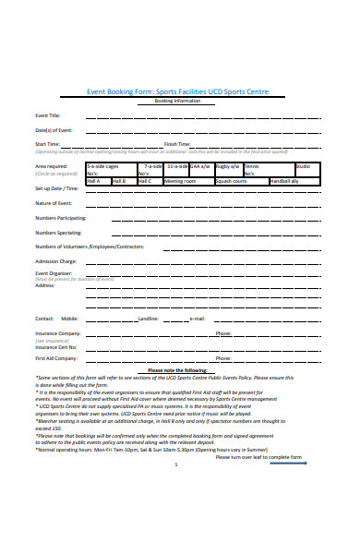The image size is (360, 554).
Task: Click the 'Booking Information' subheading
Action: [x=180, y=101]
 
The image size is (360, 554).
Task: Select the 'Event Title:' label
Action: [x=47, y=115]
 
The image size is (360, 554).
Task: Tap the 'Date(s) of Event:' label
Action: [x=54, y=130]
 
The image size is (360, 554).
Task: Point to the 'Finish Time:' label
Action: [x=177, y=145]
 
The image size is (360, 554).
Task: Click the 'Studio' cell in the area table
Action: [x=329, y=166]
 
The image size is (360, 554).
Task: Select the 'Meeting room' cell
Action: [x=180, y=181]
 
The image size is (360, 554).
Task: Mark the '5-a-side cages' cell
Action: [x=102, y=166]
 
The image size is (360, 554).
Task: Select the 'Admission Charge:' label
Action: [x=55, y=262]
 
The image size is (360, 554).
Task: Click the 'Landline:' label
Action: [x=149, y=319]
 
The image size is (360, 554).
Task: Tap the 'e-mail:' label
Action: [x=197, y=319]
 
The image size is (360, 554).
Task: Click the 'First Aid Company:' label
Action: [x=57, y=357]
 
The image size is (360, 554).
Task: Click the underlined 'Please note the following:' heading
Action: [x=180, y=369]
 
